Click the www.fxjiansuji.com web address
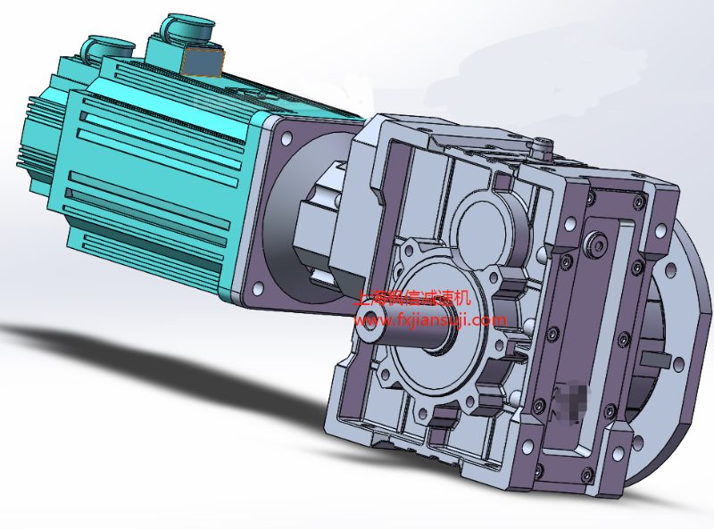[430, 320]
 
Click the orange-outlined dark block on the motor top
[203, 61]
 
